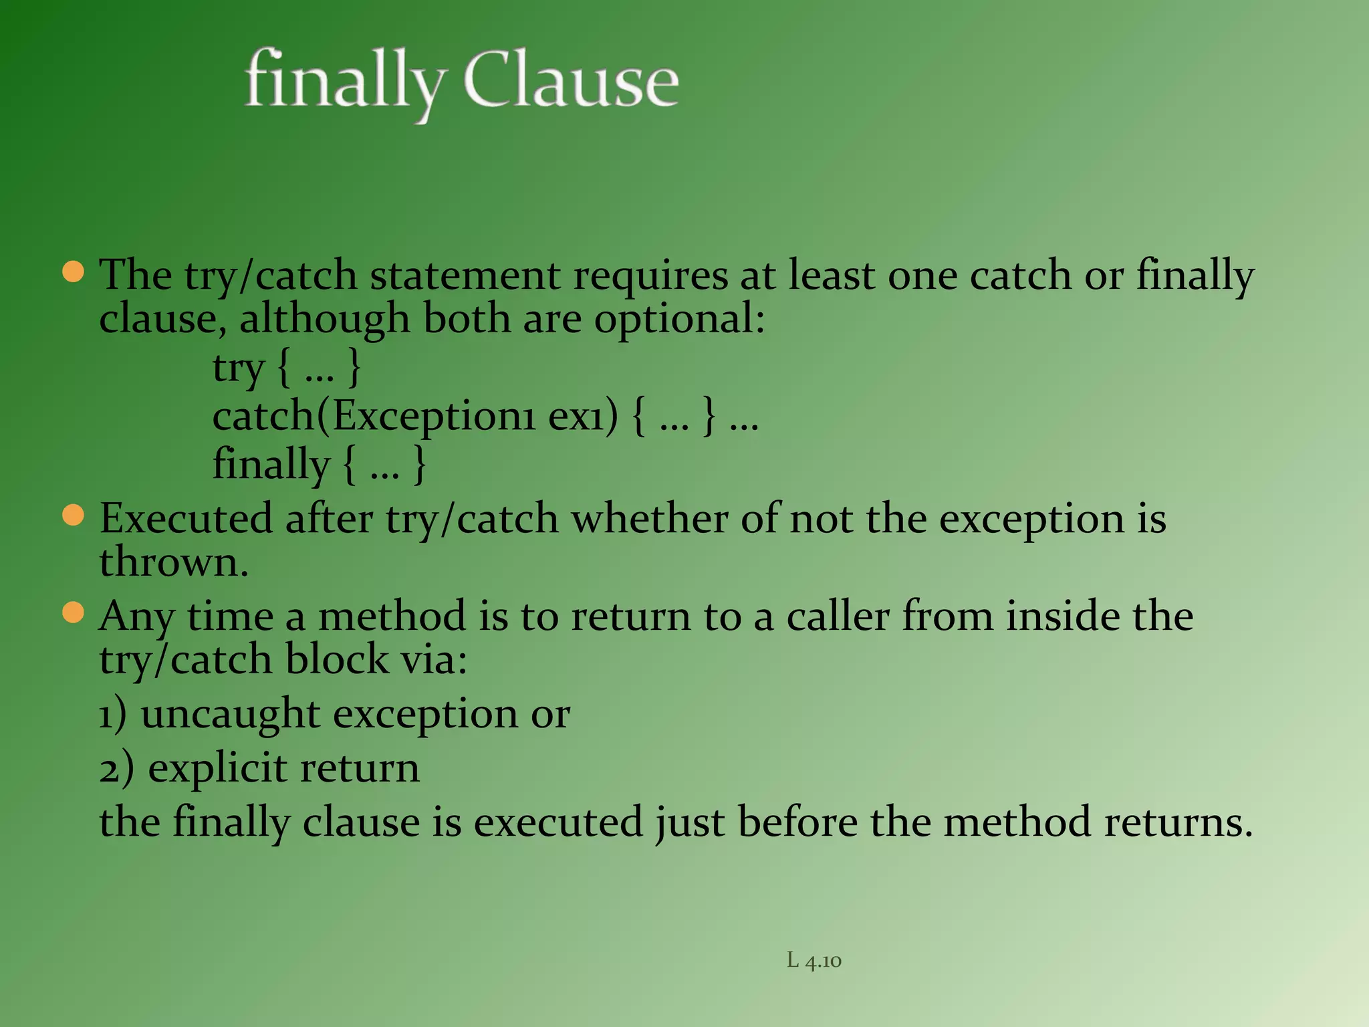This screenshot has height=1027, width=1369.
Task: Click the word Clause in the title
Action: click(571, 81)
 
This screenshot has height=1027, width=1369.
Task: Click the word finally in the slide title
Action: click(344, 82)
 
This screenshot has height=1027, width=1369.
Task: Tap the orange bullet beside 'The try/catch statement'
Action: click(74, 272)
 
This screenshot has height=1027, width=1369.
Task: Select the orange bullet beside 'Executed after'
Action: click(74, 516)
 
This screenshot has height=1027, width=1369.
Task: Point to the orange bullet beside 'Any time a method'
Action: click(74, 612)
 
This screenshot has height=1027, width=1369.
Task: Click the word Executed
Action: click(186, 519)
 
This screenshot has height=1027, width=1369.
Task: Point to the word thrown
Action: click(174, 562)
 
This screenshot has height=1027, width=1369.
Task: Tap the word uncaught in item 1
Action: click(231, 714)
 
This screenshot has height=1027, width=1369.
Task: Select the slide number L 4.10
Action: click(814, 961)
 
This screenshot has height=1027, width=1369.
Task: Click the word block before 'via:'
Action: click(337, 660)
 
